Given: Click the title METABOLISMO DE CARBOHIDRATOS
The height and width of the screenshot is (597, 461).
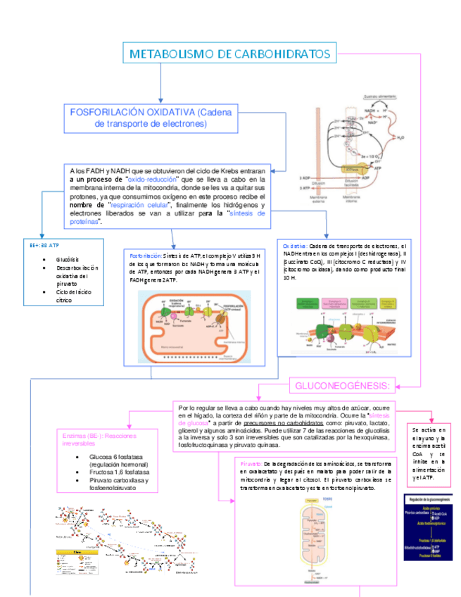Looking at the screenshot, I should pyautogui.click(x=230, y=54).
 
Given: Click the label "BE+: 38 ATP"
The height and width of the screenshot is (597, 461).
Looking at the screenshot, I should pyautogui.click(x=44, y=244).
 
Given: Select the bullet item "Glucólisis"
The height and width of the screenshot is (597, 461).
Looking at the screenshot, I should pyautogui.click(x=68, y=259).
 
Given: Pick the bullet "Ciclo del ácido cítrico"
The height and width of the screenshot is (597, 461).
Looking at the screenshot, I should pyautogui.click(x=73, y=296).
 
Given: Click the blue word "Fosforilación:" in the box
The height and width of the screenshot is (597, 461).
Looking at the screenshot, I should pyautogui.click(x=146, y=255).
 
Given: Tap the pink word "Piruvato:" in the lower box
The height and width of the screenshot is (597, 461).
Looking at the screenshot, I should pyautogui.click(x=251, y=463).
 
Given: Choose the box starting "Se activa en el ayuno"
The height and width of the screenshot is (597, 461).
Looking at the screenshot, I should pyautogui.click(x=429, y=453).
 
